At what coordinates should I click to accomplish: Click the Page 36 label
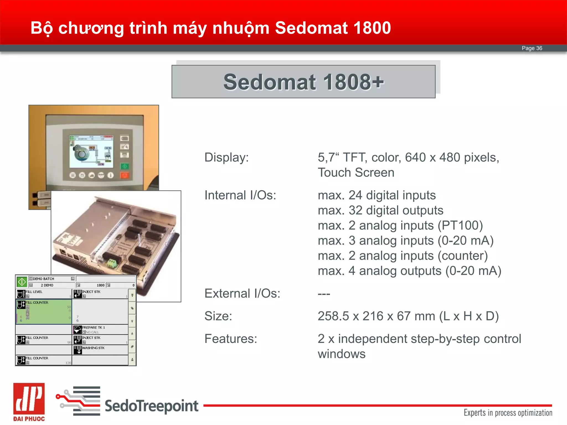[x=532, y=48]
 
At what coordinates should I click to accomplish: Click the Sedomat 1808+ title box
[x=303, y=82]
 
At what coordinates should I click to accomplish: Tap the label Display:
[x=226, y=157]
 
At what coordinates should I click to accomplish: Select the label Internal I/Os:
[x=240, y=195]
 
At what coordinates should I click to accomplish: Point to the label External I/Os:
[x=242, y=294]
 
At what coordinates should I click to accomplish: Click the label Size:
[x=218, y=316]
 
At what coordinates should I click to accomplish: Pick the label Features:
[x=231, y=339]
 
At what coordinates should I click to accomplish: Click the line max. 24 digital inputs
[x=377, y=195]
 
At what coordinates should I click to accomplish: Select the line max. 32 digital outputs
[x=380, y=210]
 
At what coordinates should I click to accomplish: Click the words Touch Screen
[x=356, y=173]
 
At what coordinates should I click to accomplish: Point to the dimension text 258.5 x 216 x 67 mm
[x=377, y=316]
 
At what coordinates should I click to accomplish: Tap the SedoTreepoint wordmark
[x=151, y=406]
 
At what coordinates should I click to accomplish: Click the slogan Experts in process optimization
[x=508, y=413]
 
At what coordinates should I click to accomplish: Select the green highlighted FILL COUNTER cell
[x=44, y=312]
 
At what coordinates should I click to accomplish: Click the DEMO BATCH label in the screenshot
[x=43, y=279]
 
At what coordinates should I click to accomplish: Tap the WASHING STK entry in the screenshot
[x=93, y=348]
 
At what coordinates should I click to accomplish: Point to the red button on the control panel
[x=125, y=175]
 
